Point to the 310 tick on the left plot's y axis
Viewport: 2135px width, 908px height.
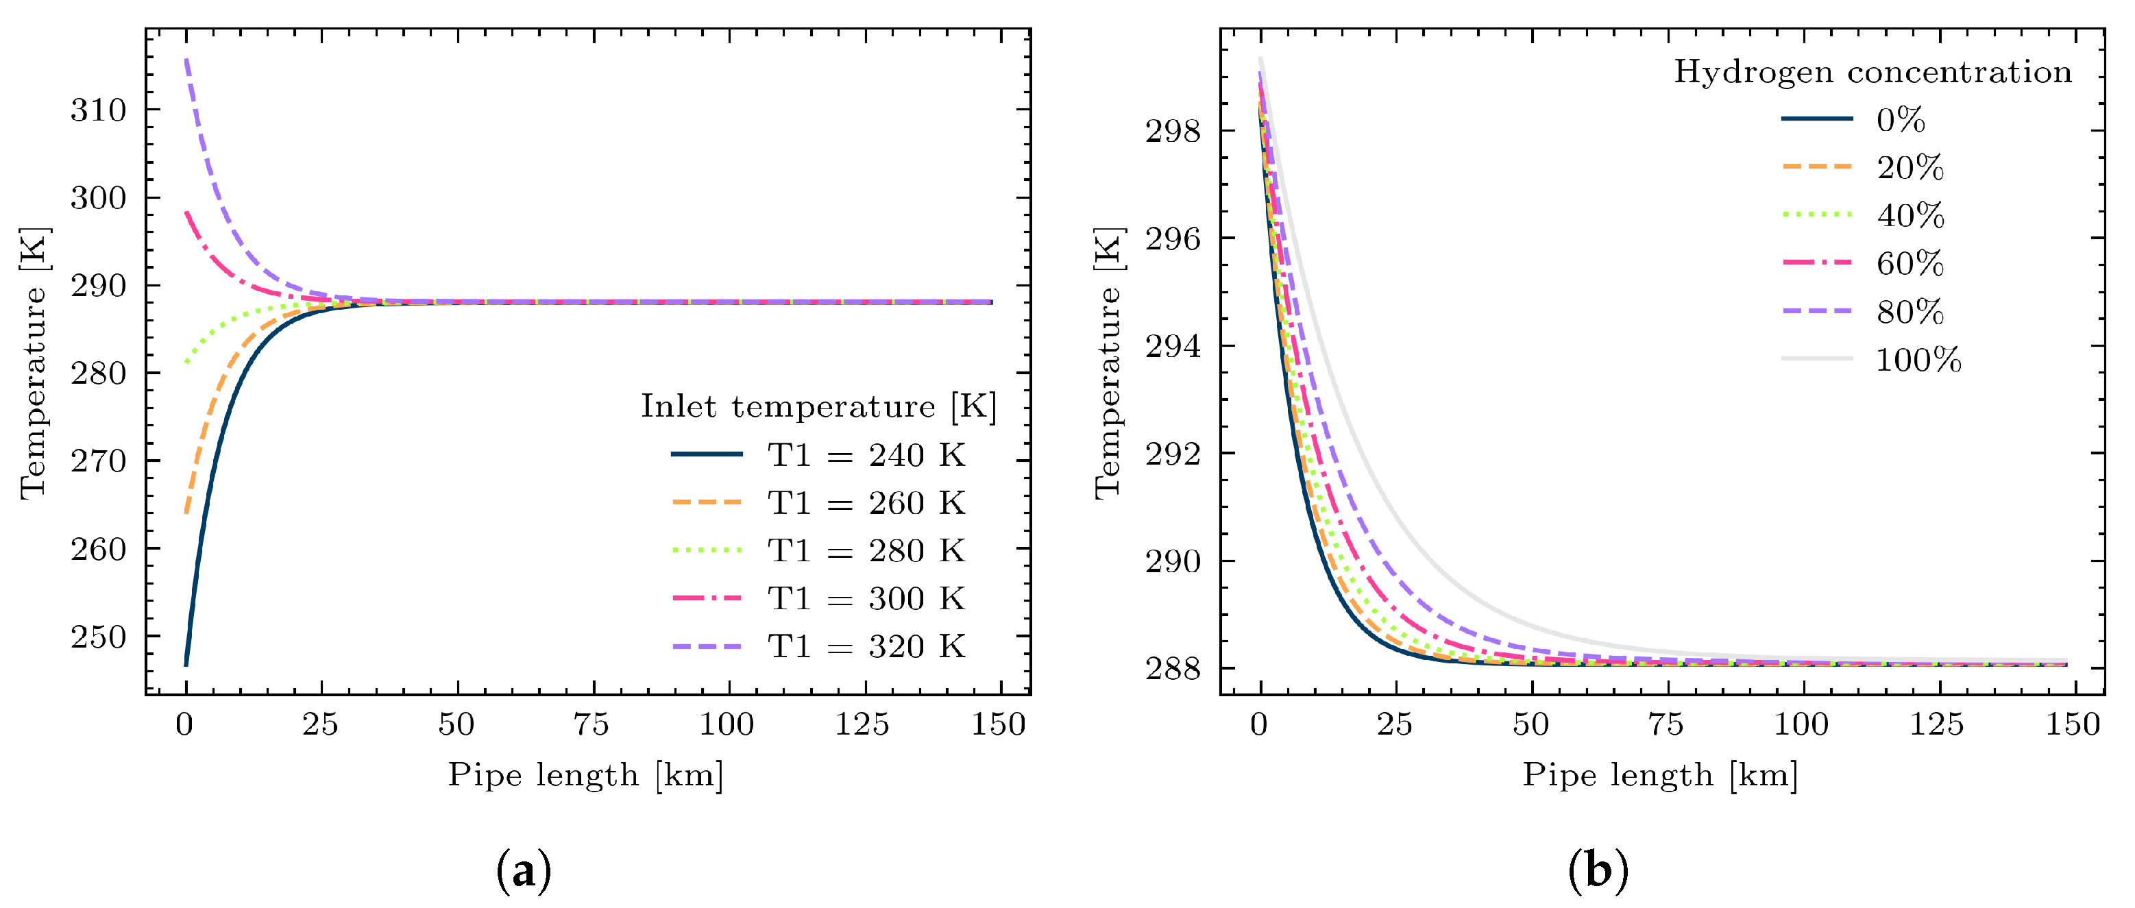coord(98,110)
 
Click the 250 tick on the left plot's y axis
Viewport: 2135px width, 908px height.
coord(98,637)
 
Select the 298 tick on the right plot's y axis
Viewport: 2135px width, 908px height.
coord(1172,131)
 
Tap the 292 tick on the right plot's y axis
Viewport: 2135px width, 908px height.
coord(1172,454)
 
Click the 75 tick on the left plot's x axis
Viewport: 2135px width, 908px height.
coord(591,725)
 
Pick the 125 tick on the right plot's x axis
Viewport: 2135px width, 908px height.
coord(1937,725)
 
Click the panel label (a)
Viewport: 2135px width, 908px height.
coord(523,872)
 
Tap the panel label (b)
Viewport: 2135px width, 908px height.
coord(1598,872)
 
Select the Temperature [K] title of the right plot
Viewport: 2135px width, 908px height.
coord(1108,363)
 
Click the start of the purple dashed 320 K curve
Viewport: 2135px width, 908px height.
coord(186,60)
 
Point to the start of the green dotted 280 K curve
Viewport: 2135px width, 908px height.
coord(187,361)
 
